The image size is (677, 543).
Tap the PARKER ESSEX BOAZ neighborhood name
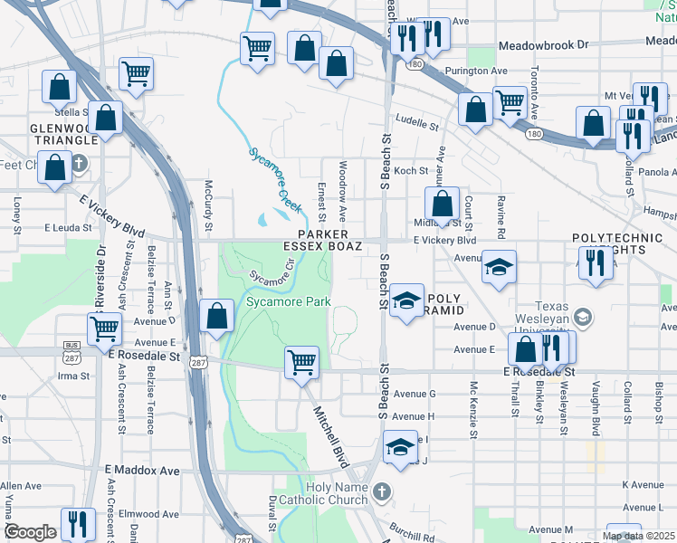pos(323,240)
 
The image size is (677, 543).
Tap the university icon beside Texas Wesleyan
pos(584,316)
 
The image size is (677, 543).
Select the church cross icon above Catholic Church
pos(382,492)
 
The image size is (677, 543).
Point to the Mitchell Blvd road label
pos(330,435)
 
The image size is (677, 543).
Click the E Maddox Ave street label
pos(142,471)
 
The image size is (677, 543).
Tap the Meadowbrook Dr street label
pos(543,43)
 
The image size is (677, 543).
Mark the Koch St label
pos(410,170)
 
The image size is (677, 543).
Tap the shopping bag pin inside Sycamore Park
pos(217,318)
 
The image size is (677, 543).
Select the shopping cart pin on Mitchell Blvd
pos(301,363)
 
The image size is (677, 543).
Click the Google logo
pos(30,532)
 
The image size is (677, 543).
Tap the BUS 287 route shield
pos(71,350)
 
